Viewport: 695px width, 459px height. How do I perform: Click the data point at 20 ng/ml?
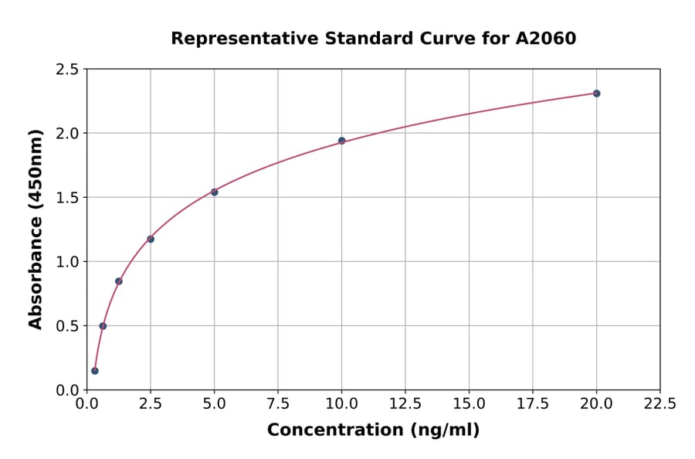click(x=596, y=93)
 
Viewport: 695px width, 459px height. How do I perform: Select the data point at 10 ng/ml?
click(x=341, y=141)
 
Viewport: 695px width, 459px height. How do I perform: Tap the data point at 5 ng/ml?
click(x=214, y=192)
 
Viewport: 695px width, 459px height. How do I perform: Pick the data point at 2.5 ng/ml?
click(x=151, y=239)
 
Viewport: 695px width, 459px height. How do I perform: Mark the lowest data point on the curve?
click(x=95, y=371)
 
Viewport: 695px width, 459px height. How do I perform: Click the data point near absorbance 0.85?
click(x=119, y=281)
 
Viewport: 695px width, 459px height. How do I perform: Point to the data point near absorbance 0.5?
click(x=103, y=326)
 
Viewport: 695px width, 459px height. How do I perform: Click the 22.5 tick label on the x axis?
click(x=659, y=403)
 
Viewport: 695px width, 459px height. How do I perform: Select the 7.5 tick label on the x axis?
click(x=278, y=403)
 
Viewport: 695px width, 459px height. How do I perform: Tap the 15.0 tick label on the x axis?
click(x=469, y=403)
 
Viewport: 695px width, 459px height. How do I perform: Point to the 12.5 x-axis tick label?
click(x=405, y=403)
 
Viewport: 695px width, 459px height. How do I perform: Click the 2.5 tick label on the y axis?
click(x=67, y=70)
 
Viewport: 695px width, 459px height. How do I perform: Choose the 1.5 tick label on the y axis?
click(x=67, y=198)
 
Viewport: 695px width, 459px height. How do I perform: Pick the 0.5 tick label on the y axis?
click(x=67, y=326)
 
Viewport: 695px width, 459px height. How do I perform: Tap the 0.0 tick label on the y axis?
click(x=67, y=390)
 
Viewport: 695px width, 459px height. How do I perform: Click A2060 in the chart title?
click(x=545, y=38)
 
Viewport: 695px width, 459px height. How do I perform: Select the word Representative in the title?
click(x=232, y=38)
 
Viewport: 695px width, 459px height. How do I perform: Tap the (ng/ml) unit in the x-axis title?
click(x=444, y=430)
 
